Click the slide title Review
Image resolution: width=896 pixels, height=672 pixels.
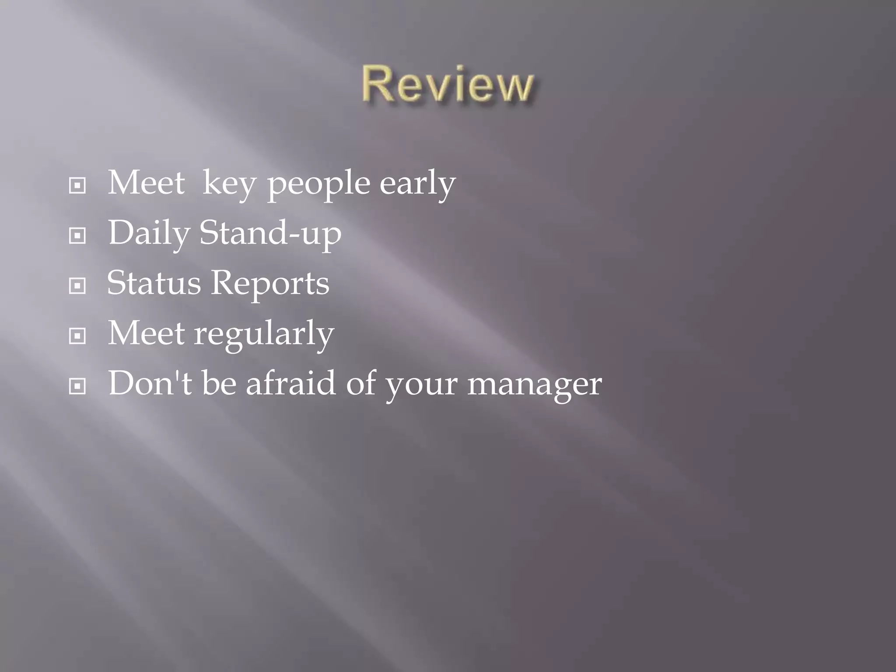[x=447, y=84]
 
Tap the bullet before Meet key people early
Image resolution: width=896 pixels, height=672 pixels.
[x=77, y=186]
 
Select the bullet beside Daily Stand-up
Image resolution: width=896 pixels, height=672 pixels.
[x=77, y=236]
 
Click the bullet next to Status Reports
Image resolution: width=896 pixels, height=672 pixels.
[x=77, y=286]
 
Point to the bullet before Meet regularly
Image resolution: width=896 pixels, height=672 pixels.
[x=77, y=336]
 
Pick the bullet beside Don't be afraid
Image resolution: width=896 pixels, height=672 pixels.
[x=77, y=386]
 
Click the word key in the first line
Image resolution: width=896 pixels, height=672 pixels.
[x=229, y=184]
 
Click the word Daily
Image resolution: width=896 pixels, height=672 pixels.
[x=149, y=234]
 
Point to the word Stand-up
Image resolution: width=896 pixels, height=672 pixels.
[x=270, y=234]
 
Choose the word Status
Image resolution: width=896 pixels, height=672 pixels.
[x=154, y=283]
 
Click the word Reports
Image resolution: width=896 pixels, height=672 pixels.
[x=270, y=283]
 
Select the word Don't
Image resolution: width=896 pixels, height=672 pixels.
[x=150, y=383]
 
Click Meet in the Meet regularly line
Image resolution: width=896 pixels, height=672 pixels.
[x=146, y=333]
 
